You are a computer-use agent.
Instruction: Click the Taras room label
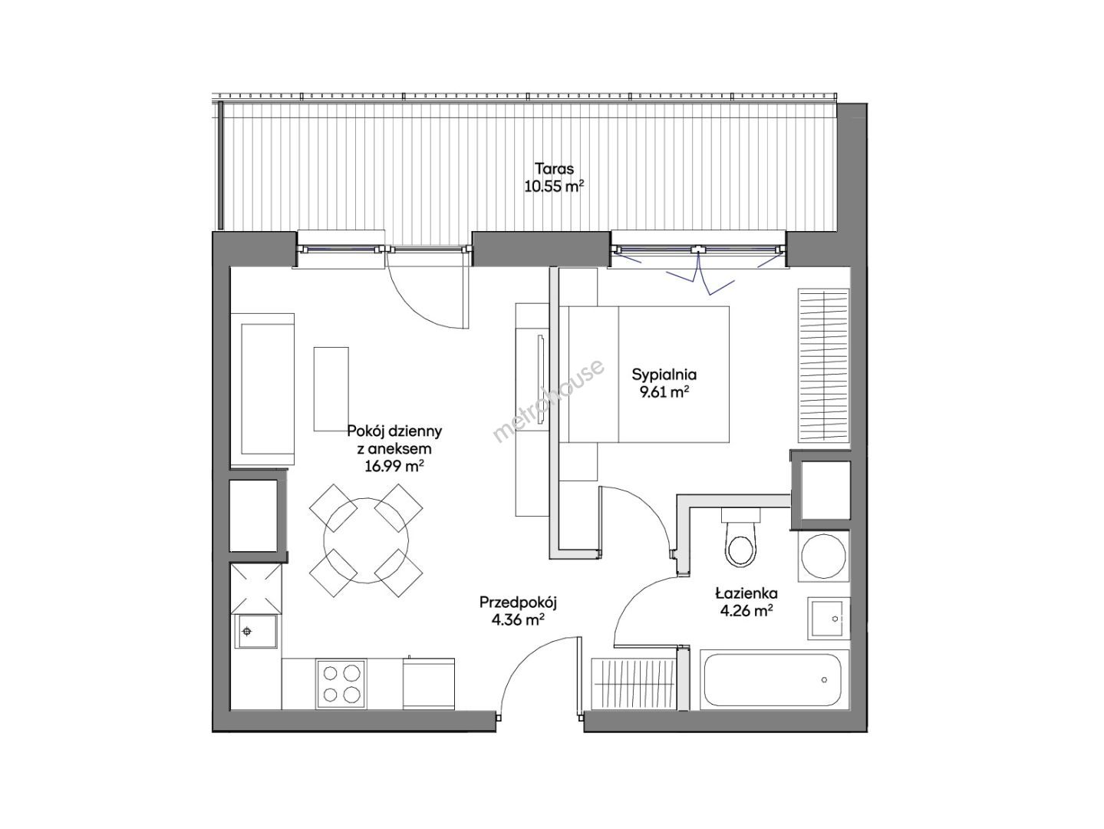click(x=554, y=168)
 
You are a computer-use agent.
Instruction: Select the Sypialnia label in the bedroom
click(x=664, y=375)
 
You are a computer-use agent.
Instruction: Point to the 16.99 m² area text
click(x=394, y=466)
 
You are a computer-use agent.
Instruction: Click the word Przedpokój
click(x=519, y=602)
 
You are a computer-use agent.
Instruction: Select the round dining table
click(x=366, y=540)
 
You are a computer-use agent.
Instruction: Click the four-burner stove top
click(x=341, y=684)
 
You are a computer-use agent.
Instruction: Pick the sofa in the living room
click(x=262, y=389)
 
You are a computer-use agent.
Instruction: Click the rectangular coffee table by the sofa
click(x=331, y=389)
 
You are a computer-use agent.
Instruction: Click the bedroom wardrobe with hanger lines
click(x=824, y=366)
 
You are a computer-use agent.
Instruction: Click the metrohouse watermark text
click(x=549, y=401)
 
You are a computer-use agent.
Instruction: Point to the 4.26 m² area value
click(x=746, y=611)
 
